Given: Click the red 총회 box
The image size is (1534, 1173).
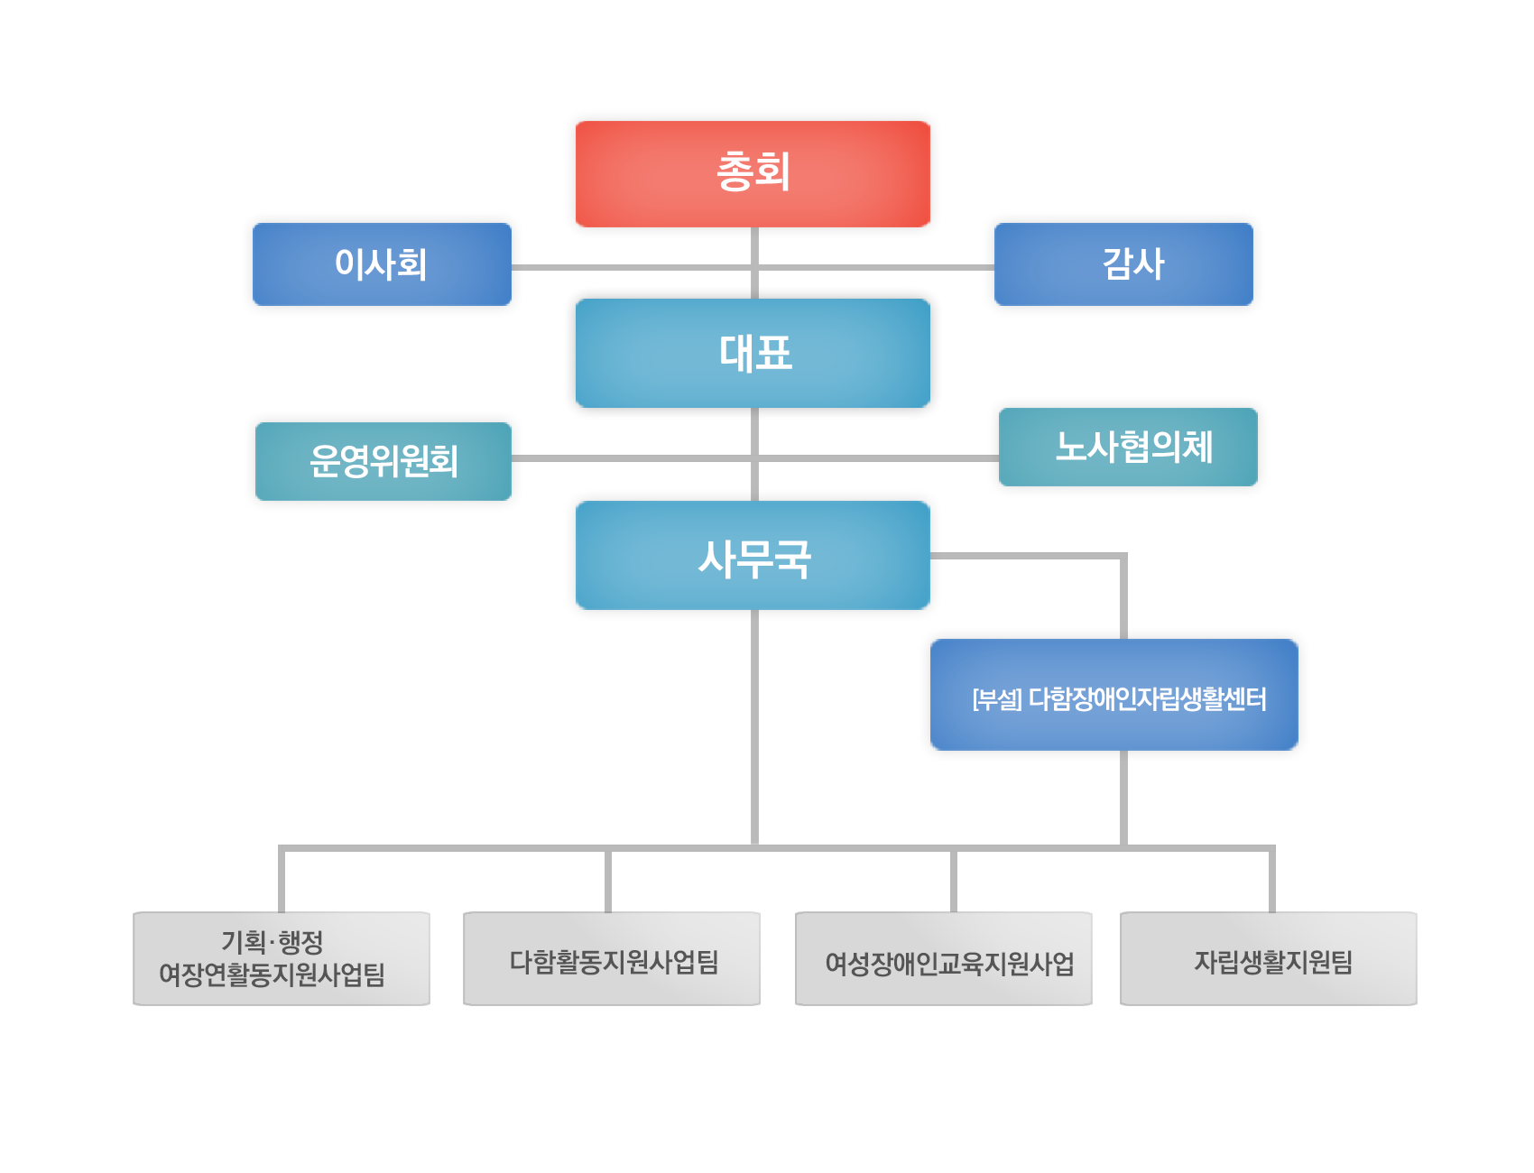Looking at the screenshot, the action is click(x=753, y=173).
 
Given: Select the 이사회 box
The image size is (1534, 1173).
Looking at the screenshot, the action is click(x=382, y=264).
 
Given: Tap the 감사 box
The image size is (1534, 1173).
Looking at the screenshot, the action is click(x=1123, y=264).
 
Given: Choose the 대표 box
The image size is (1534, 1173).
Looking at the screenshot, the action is click(x=753, y=353).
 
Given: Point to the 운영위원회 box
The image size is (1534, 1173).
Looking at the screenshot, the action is click(x=383, y=461).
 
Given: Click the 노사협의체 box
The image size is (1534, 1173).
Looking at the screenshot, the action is click(x=1128, y=447).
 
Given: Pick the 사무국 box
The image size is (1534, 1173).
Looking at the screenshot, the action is click(x=753, y=555).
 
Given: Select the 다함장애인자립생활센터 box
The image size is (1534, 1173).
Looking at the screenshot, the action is click(x=1114, y=695).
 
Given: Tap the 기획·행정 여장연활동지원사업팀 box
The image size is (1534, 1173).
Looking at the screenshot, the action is click(x=282, y=958).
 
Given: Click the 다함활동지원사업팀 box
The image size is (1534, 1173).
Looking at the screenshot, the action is click(x=612, y=958).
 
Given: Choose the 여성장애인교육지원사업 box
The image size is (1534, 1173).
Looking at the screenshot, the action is click(x=944, y=958).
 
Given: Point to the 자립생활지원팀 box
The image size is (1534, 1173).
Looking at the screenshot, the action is click(x=1269, y=958).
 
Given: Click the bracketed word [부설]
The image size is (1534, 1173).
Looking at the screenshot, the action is click(x=997, y=699).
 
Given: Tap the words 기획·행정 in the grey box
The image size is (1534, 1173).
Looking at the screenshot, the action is click(x=273, y=942).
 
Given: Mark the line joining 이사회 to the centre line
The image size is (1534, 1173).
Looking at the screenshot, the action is click(x=632, y=267).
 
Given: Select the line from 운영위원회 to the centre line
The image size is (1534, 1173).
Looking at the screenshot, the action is click(x=632, y=458).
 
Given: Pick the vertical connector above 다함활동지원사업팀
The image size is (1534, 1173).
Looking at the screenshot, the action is click(x=608, y=881).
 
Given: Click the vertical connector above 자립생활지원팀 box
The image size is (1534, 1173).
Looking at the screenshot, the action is click(x=1272, y=881).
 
